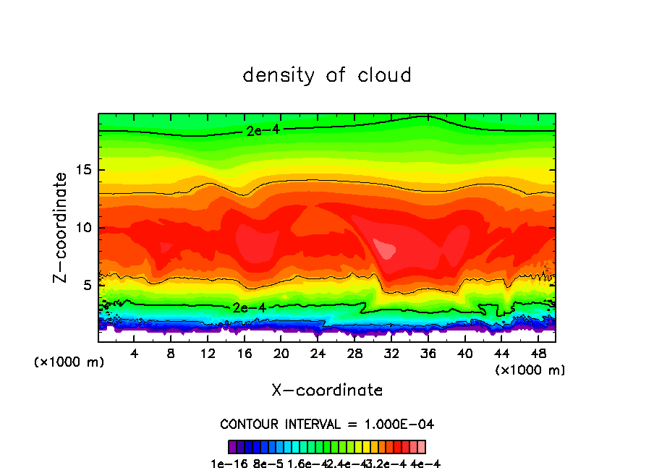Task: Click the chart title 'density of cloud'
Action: [327, 75]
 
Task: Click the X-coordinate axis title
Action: [327, 391]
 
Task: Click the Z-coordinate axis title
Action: [62, 227]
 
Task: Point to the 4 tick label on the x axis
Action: [135, 354]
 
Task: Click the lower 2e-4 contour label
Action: [247, 307]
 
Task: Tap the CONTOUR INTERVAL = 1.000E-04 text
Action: [327, 424]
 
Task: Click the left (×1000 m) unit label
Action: [69, 362]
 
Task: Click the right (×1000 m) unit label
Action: [530, 370]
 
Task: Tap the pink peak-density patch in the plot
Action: [388, 250]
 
